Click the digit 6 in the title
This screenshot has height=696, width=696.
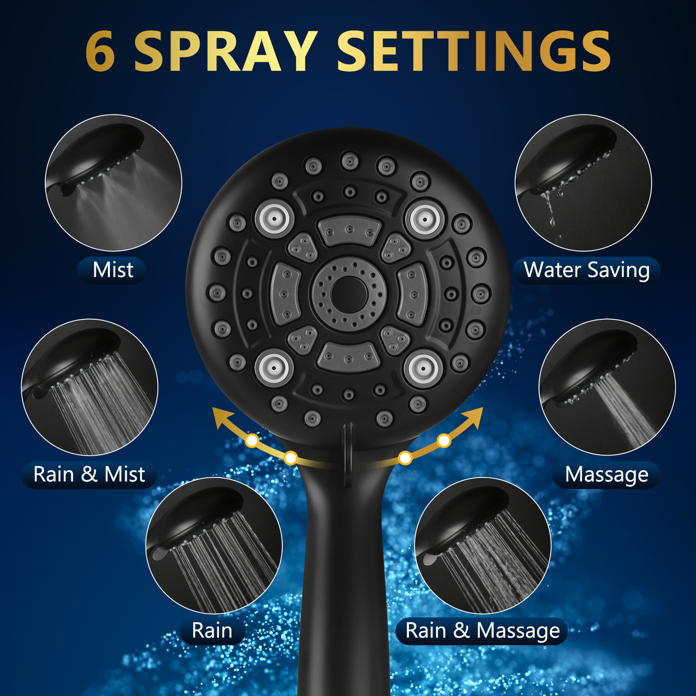(x=100, y=51)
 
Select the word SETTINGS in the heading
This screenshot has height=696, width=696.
(x=473, y=51)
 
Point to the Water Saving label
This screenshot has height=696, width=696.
(x=587, y=270)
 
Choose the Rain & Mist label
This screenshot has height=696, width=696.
(x=89, y=474)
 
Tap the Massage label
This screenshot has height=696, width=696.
(x=606, y=474)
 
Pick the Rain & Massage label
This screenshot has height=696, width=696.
(x=483, y=630)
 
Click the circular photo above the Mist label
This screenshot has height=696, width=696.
(x=113, y=183)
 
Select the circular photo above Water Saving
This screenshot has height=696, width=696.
(x=583, y=183)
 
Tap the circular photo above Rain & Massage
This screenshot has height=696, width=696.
(x=483, y=545)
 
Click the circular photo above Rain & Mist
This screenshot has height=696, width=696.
(x=90, y=387)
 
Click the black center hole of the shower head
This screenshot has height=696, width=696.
(x=349, y=294)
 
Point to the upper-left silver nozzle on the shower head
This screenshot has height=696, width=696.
(x=275, y=219)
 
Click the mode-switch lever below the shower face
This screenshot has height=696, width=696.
(x=348, y=455)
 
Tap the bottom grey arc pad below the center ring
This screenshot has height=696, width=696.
(x=349, y=357)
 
